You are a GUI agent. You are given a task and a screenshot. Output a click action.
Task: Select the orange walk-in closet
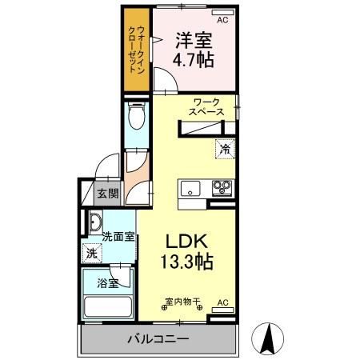coord(138,50)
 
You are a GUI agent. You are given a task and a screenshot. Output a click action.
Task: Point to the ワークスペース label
coord(206,107)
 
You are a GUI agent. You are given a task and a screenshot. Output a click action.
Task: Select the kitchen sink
coord(191,189)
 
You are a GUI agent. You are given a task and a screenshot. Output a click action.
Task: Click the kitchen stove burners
coord(221,189)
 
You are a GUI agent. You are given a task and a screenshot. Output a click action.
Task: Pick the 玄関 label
coord(108,193)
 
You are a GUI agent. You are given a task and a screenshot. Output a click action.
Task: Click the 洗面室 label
coord(118,237)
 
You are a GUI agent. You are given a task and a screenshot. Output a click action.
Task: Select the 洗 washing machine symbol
coord(93,253)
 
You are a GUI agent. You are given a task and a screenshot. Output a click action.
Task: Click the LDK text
coord(188,240)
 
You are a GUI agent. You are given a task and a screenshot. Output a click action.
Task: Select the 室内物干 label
coord(182,302)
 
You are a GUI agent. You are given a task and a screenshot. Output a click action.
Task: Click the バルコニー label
coord(158,339)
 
